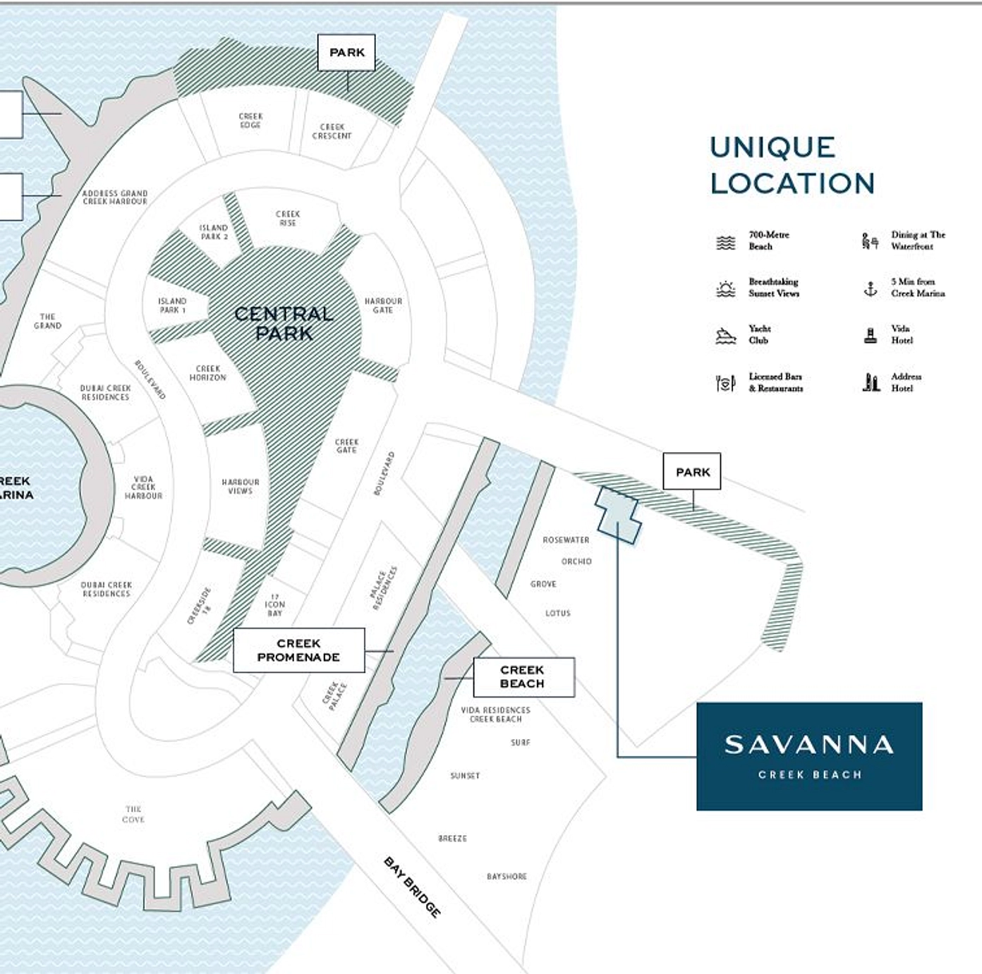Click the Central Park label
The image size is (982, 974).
[284, 323]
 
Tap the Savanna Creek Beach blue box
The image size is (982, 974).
[809, 756]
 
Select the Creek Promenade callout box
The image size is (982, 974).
[298, 650]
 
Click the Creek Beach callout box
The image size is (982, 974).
[523, 677]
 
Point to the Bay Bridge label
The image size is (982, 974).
[413, 887]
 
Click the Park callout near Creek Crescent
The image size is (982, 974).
[346, 52]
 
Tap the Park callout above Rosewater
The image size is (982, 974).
[692, 472]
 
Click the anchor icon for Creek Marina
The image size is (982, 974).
[871, 288]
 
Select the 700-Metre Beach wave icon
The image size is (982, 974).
[726, 242]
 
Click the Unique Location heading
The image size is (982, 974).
[792, 165]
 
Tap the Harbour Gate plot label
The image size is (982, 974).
[383, 305]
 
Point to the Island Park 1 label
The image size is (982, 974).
[172, 305]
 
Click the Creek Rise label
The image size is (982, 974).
[288, 218]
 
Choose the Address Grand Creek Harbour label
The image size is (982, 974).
[115, 197]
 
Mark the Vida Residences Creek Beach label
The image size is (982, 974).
[495, 714]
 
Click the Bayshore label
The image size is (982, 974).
[507, 877]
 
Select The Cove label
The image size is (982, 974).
[133, 814]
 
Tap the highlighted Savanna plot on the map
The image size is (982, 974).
[618, 514]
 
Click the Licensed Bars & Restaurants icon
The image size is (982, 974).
[725, 383]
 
